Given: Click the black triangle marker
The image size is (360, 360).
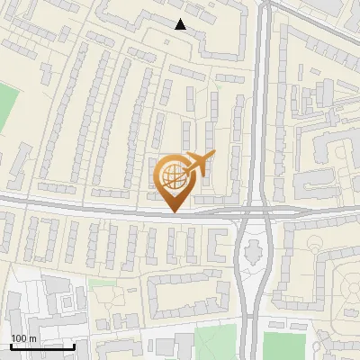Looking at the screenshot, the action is click(181, 24).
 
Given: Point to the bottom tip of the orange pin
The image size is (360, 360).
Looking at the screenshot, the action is click(174, 211).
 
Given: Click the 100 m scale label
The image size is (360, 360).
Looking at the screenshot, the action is click(23, 338).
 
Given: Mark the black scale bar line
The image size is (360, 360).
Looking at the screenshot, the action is click(41, 346).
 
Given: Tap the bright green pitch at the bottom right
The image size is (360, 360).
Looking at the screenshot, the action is click(284, 346).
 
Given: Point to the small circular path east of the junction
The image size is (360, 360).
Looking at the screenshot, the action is click(314, 244).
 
